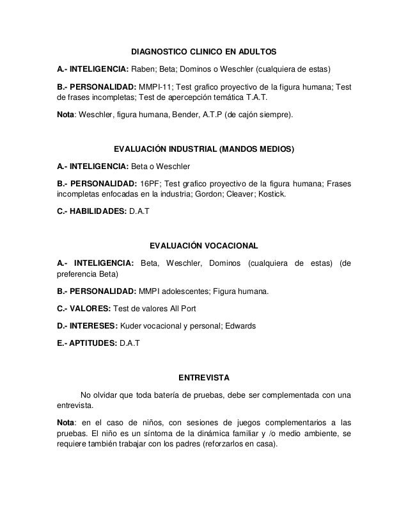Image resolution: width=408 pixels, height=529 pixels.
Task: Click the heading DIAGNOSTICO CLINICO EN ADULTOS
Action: point(204,50)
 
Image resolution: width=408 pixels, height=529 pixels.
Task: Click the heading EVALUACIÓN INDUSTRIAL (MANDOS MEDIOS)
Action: point(203,151)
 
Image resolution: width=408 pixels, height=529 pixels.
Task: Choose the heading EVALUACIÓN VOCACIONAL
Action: point(203,246)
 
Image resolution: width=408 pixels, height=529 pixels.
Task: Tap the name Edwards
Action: point(239,327)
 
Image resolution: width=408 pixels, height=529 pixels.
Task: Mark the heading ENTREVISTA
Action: point(203,377)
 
